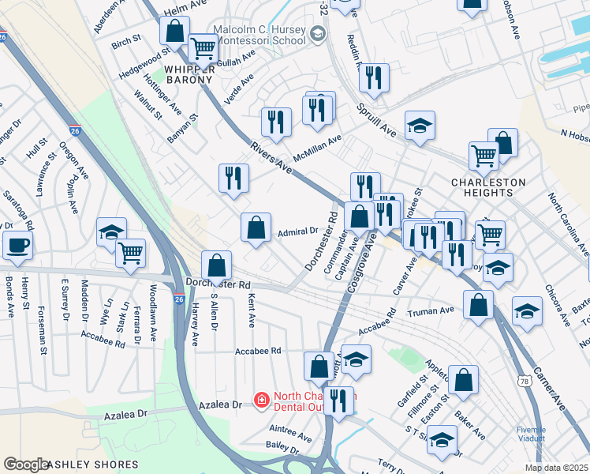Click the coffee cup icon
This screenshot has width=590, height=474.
click(x=16, y=244)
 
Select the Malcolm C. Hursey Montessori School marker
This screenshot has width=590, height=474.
click(x=317, y=33)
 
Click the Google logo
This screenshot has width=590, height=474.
click(x=25, y=465)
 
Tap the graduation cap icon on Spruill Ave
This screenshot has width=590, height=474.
click(x=420, y=125)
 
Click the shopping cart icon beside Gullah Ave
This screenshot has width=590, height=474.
click(x=204, y=49)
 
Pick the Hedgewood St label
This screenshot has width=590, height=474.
click(x=144, y=62)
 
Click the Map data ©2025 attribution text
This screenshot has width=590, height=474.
click(x=555, y=468)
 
